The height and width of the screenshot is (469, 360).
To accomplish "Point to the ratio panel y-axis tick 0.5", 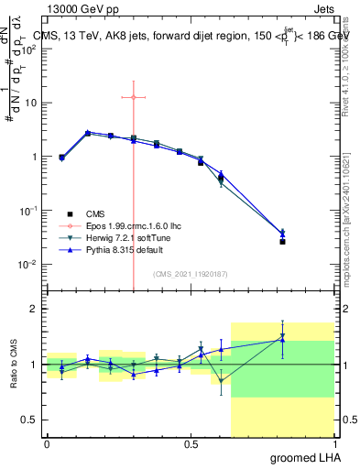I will tap(27, 420).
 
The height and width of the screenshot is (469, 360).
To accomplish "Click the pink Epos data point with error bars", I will tap(133, 97).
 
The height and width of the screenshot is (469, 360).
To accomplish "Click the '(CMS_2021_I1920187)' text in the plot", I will tap(190, 272).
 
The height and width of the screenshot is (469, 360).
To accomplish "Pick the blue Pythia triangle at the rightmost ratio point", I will tap(282, 340).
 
